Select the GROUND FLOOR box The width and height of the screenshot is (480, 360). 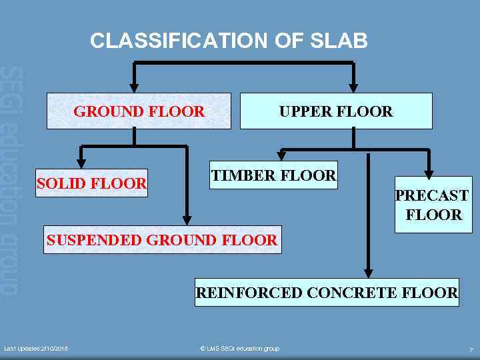point(139,111)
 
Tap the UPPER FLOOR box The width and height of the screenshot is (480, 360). point(335,111)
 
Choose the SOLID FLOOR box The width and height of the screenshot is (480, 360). point(91,183)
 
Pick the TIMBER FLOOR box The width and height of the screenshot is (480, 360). point(273,175)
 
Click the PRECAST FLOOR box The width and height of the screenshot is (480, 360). point(433,205)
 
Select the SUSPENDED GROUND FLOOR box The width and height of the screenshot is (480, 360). point(163,240)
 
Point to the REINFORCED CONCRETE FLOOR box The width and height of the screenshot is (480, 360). point(327,292)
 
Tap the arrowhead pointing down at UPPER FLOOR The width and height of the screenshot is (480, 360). point(353,87)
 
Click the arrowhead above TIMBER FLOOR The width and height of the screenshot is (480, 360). point(282,156)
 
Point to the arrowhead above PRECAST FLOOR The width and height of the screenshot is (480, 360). point(429,171)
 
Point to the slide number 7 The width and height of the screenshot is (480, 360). point(471,349)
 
